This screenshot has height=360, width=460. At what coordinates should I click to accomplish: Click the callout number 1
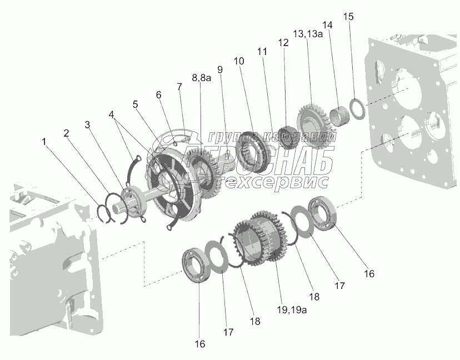(x=44, y=142)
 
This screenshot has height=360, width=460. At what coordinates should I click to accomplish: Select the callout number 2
(x=67, y=133)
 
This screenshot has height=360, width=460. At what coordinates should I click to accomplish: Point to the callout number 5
(x=135, y=104)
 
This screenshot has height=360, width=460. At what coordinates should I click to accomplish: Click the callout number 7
(x=179, y=87)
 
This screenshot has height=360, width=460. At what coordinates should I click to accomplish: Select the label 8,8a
(x=202, y=78)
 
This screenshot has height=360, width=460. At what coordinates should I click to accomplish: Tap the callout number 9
(x=220, y=70)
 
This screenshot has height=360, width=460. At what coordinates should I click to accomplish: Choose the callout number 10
(x=239, y=60)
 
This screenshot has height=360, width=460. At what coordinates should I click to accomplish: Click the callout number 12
(x=284, y=42)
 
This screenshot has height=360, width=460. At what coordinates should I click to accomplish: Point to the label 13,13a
(x=307, y=34)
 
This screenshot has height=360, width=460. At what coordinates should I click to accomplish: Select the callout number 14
(x=327, y=25)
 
